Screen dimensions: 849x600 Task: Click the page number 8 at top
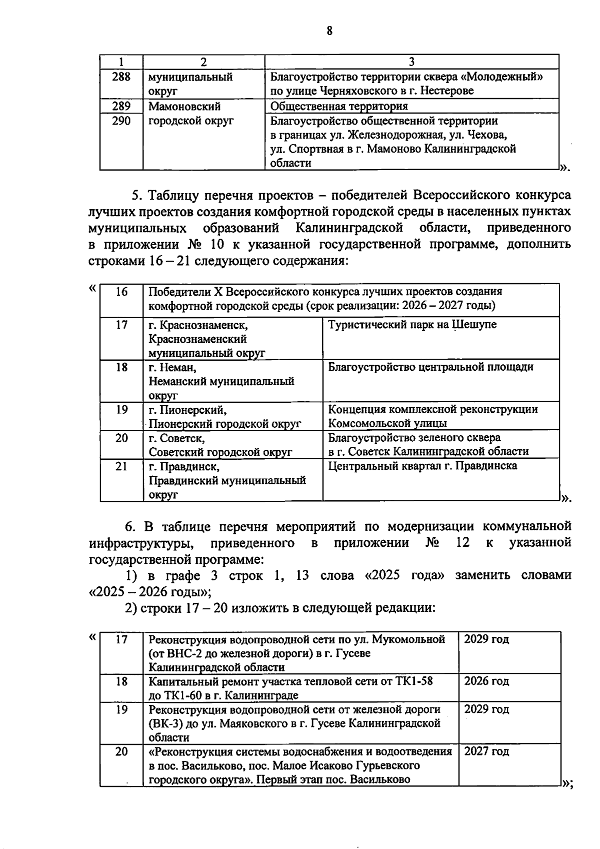(x=329, y=31)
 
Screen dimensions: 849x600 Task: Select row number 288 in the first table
(x=121, y=77)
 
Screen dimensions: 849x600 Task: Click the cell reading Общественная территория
(x=339, y=106)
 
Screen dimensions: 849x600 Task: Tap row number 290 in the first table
(x=121, y=121)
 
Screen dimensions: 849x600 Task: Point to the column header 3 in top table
(x=411, y=62)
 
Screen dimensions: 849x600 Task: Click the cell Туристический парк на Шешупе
(x=412, y=325)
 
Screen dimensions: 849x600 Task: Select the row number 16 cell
(x=121, y=292)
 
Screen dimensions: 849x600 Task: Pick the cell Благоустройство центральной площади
(x=430, y=367)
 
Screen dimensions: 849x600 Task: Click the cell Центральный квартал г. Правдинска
(x=422, y=466)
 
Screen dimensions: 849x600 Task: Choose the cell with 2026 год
(x=486, y=681)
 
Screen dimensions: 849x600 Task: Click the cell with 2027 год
(x=486, y=751)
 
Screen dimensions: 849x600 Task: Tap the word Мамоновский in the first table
(x=184, y=107)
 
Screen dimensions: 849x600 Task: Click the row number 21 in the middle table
(x=121, y=467)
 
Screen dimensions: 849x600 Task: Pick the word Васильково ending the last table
(x=380, y=779)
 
